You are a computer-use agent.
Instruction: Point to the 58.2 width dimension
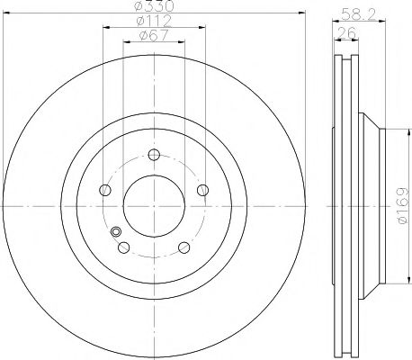355,13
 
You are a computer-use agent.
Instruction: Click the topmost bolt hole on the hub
154,153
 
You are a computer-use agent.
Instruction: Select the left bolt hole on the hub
105,189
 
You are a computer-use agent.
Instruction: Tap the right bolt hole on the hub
202,189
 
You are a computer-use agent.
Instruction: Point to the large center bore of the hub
154,205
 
